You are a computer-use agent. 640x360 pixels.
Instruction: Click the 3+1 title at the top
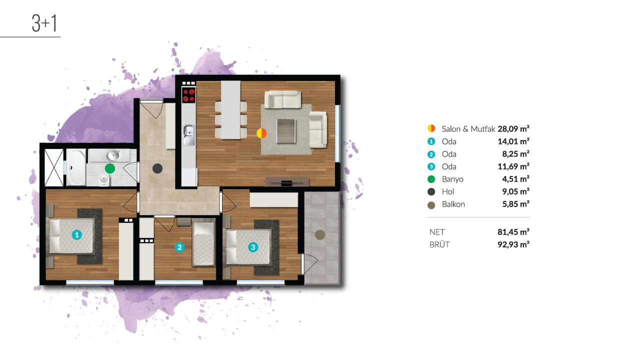click(x=44, y=23)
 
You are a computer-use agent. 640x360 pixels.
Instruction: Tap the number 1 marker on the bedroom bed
click(x=76, y=235)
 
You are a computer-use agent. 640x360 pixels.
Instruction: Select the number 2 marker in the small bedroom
click(x=179, y=247)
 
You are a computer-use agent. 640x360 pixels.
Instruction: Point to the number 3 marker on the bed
click(x=253, y=247)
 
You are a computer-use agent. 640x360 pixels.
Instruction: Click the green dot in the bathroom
click(x=109, y=168)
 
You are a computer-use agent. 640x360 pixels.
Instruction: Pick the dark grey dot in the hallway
click(x=157, y=168)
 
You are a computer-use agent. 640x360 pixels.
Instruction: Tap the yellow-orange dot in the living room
click(x=261, y=133)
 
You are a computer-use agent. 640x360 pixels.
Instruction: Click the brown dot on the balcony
click(x=319, y=235)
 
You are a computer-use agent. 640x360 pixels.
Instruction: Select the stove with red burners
click(x=188, y=95)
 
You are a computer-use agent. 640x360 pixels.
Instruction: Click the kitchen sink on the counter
click(x=188, y=135)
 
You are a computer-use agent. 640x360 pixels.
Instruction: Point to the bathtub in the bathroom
click(x=76, y=167)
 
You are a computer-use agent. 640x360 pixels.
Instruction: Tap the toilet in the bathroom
click(x=104, y=179)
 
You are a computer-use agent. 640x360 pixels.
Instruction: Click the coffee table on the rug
click(x=285, y=131)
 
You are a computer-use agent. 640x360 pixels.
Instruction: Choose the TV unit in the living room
click(x=287, y=182)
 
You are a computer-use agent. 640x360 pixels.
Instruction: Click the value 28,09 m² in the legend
click(x=513, y=129)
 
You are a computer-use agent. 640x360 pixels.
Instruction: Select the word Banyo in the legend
click(x=452, y=179)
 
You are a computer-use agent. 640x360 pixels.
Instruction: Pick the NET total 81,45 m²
click(x=513, y=232)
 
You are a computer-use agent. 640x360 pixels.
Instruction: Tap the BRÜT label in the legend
click(x=439, y=244)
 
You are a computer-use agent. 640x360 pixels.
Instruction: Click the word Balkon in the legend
click(x=453, y=204)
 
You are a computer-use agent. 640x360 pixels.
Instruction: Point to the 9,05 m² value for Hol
click(x=515, y=191)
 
